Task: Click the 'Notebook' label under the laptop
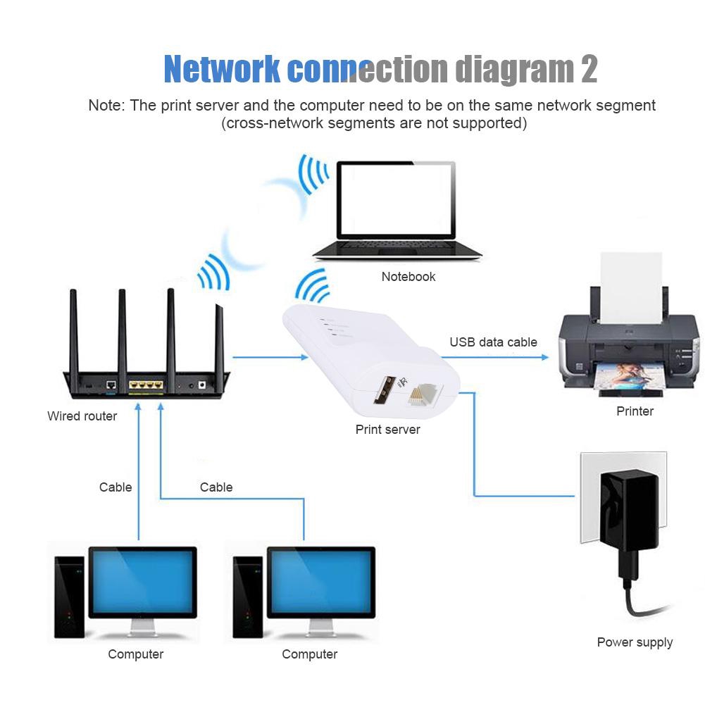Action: [x=408, y=277]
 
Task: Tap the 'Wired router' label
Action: [x=82, y=416]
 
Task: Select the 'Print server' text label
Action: [x=387, y=430]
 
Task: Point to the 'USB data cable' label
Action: [x=493, y=342]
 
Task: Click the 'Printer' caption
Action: [x=635, y=411]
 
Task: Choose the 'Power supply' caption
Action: [x=635, y=642]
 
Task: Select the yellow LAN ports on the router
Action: [x=146, y=386]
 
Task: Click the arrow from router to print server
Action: [x=270, y=358]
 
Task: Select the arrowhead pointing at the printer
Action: [x=544, y=358]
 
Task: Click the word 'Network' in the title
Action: [x=223, y=69]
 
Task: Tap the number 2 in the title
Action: [x=589, y=69]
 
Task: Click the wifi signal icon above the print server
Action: [x=313, y=285]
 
